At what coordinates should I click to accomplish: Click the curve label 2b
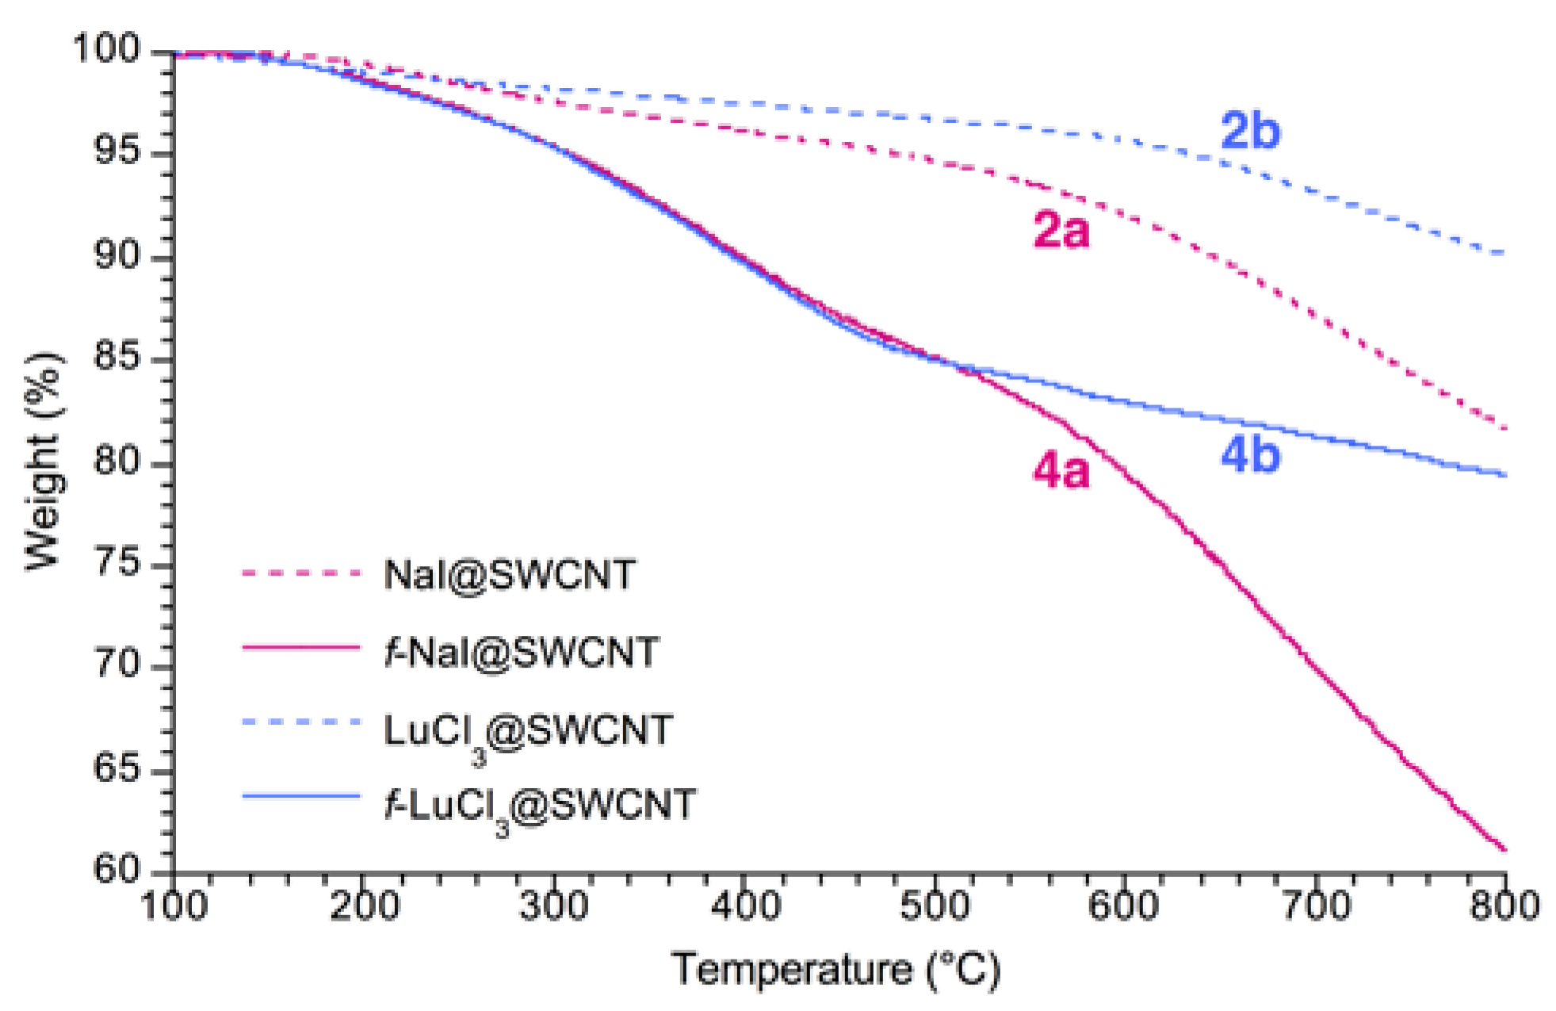click(x=1250, y=131)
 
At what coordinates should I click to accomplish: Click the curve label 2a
click(x=1061, y=231)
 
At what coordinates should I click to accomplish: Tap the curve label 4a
click(x=1061, y=470)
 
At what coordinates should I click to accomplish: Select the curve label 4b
click(x=1250, y=456)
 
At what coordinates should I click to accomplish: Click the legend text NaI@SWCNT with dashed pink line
click(x=509, y=574)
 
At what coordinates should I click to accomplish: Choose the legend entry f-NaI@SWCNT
click(x=522, y=652)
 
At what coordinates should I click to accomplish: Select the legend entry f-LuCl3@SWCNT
click(x=540, y=806)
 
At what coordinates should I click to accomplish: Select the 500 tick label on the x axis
click(x=935, y=906)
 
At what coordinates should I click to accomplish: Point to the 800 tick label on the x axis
click(x=1504, y=906)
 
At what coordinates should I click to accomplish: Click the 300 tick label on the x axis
click(x=554, y=906)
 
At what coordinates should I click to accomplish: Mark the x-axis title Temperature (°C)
click(x=836, y=970)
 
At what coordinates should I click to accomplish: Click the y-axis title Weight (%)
click(x=43, y=460)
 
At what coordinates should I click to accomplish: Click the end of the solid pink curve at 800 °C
click(x=1504, y=849)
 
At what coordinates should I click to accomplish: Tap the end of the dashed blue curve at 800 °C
click(x=1504, y=254)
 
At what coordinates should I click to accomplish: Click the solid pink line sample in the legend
click(x=301, y=648)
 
